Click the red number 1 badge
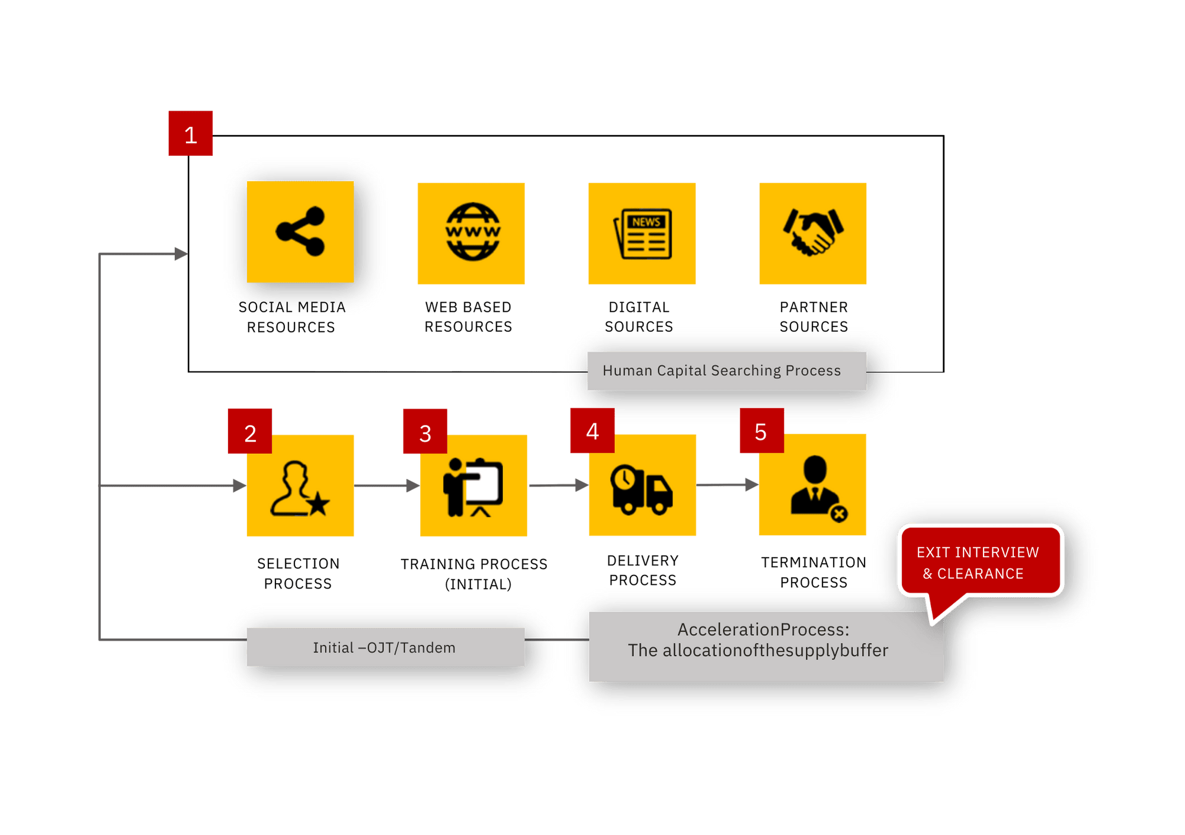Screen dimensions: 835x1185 [x=191, y=134]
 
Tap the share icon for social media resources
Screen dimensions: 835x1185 [x=300, y=232]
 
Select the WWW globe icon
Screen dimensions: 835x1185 [x=472, y=232]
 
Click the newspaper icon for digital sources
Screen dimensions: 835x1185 [x=643, y=233]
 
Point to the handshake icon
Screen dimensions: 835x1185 [x=813, y=232]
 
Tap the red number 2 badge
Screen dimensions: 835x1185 [x=250, y=432]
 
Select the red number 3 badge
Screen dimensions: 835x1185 [x=425, y=432]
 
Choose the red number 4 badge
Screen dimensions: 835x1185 [x=592, y=431]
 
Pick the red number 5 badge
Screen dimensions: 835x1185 [x=761, y=431]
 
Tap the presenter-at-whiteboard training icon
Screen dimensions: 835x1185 [x=473, y=487]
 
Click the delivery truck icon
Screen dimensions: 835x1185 [x=642, y=490]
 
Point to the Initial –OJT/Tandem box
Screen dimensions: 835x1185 [x=385, y=647]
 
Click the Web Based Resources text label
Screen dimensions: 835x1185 [x=468, y=316]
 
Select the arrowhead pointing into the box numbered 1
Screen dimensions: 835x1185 [x=181, y=254]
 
